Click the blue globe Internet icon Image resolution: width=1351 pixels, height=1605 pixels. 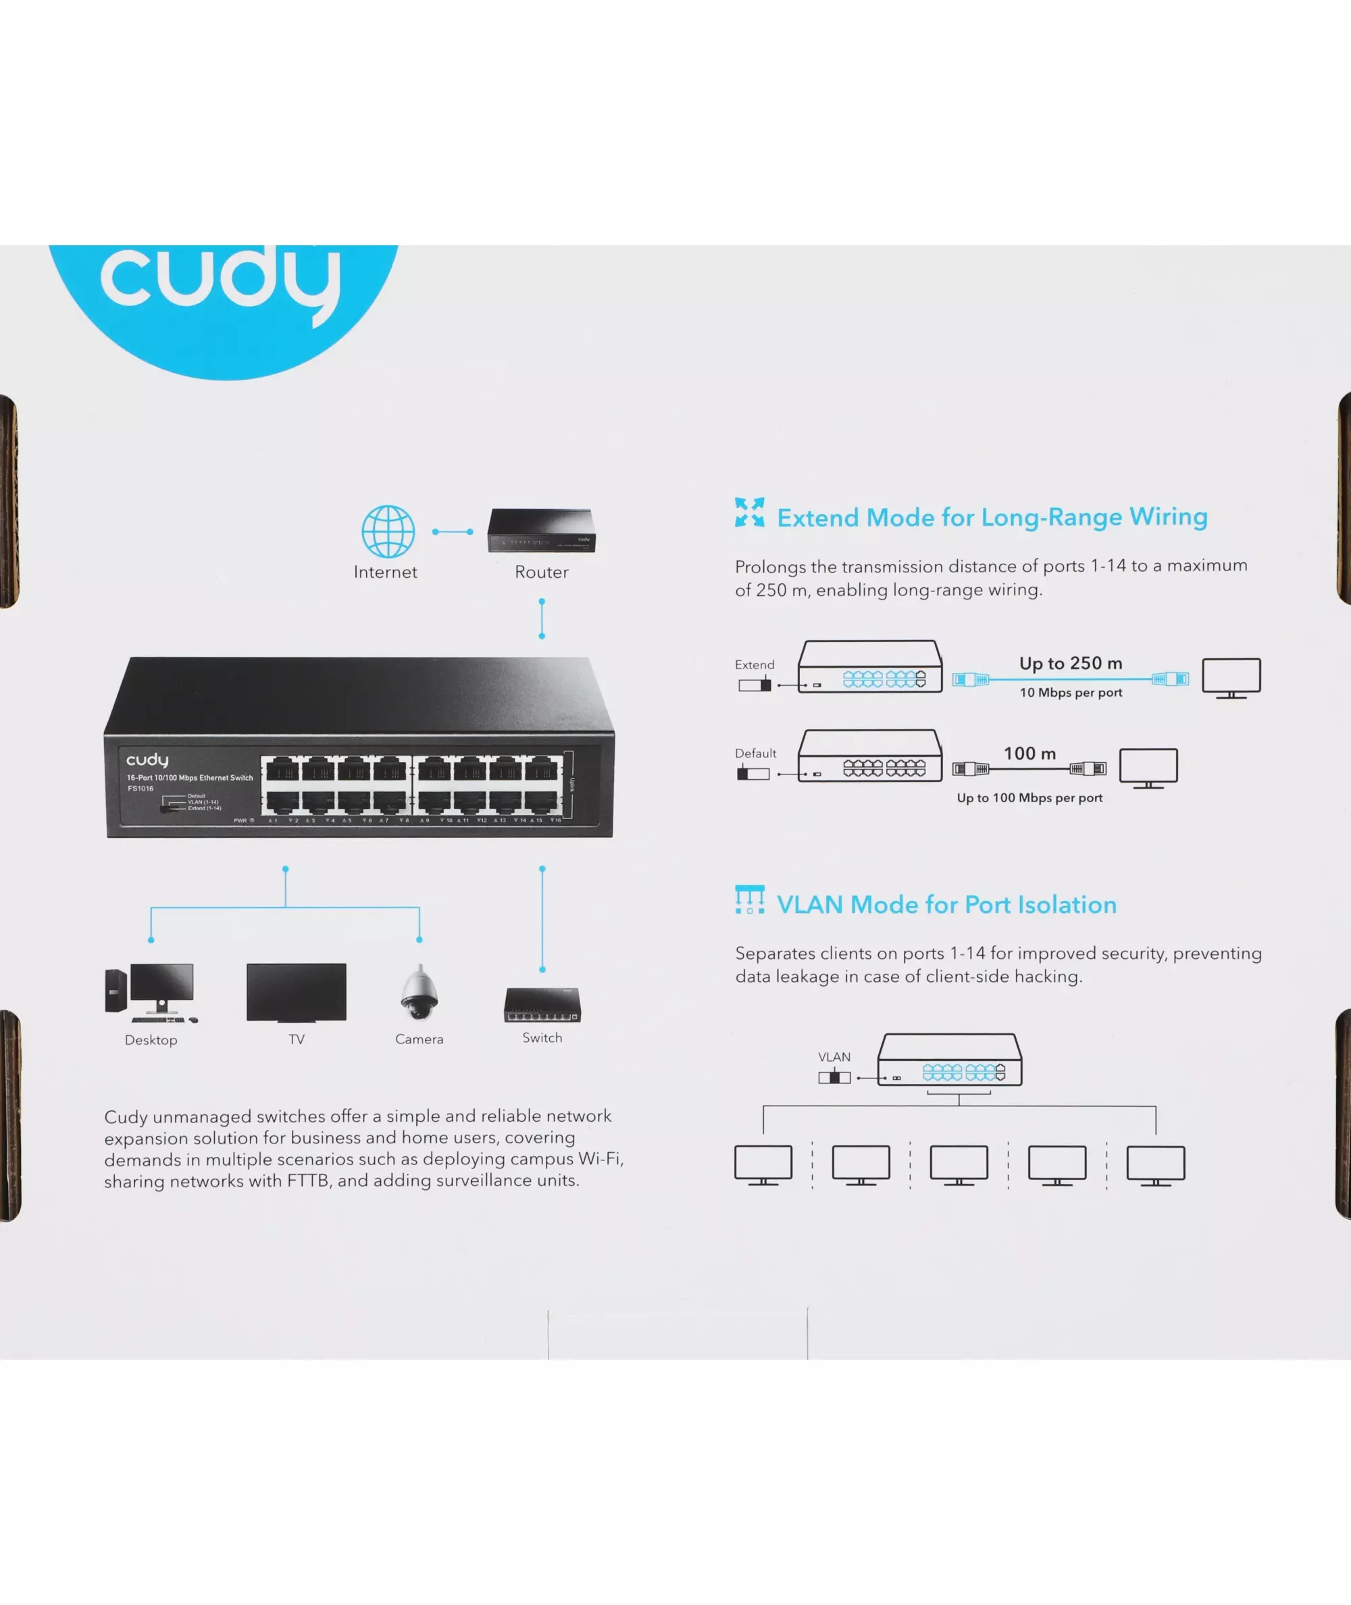click(388, 531)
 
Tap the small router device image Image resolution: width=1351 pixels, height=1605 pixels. click(542, 530)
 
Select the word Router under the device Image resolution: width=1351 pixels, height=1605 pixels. click(542, 572)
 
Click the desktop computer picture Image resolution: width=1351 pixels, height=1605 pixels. click(151, 993)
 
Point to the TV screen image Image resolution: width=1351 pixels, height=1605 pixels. click(297, 992)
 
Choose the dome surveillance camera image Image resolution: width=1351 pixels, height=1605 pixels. click(419, 993)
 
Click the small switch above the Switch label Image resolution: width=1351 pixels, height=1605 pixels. click(542, 1005)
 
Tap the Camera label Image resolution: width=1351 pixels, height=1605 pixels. click(419, 1039)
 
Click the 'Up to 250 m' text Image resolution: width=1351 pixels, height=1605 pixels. click(1071, 664)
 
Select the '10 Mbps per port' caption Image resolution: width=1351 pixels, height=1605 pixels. click(1071, 693)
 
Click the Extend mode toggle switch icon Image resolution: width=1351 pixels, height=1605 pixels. click(755, 685)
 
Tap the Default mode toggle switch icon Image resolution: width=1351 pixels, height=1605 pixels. click(753, 774)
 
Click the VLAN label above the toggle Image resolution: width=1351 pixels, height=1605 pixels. click(834, 1056)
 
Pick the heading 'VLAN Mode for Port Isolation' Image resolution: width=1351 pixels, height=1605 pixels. click(946, 905)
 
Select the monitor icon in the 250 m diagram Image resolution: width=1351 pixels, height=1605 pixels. click(1231, 677)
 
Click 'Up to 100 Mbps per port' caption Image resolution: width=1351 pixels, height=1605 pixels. click(1029, 797)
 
